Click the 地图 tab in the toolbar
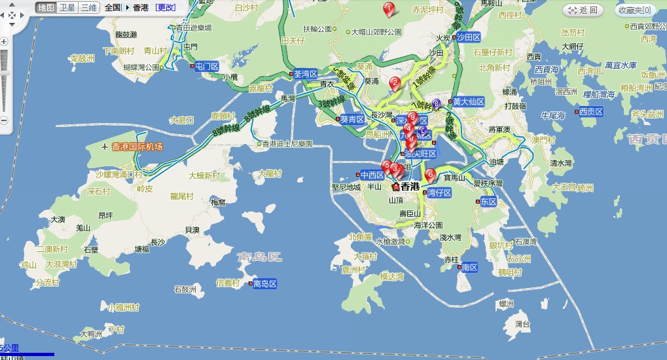45,8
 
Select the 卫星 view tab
67,8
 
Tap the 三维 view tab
88,8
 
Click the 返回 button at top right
584,10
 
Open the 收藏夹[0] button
636,10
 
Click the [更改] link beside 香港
166,8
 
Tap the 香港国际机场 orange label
137,147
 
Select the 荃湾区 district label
305,74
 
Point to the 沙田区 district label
469,38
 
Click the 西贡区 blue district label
593,112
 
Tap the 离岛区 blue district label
265,283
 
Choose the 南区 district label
469,267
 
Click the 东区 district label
488,202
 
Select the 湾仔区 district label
439,193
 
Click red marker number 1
389,9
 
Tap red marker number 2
394,83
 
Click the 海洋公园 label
428,225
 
